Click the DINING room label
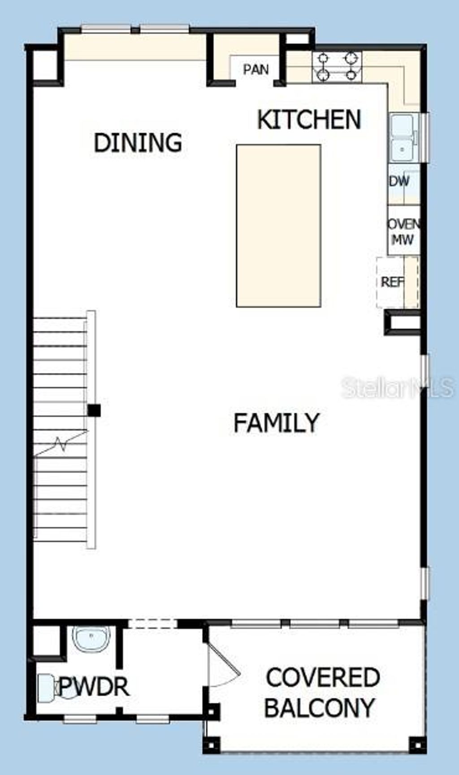tap(138, 142)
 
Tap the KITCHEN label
tap(309, 120)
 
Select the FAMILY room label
tap(276, 423)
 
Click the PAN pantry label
tap(256, 69)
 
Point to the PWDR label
tap(94, 686)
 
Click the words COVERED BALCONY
tap(321, 693)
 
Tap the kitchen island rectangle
tap(278, 225)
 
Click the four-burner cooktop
tap(337, 67)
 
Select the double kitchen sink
tap(403, 138)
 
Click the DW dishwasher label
tap(399, 181)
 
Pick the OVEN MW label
tap(403, 232)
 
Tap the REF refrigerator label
tap(392, 282)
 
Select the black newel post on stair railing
tap(94, 410)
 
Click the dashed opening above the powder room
tap(152, 623)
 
